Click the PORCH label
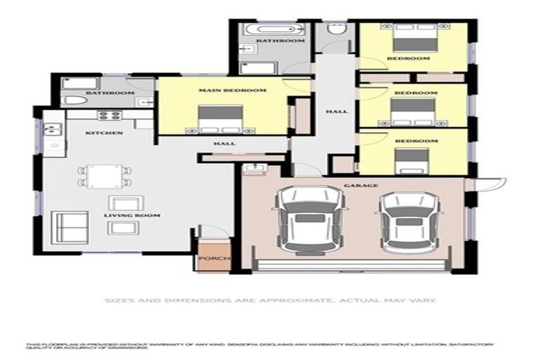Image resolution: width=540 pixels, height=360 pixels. pos(210,259)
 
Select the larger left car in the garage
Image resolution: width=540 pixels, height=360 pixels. pos(309,219)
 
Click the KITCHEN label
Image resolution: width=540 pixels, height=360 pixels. pos(104,133)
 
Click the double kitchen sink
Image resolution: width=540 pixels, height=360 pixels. pos(53,129)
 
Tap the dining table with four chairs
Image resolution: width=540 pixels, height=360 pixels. pos(104,175)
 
